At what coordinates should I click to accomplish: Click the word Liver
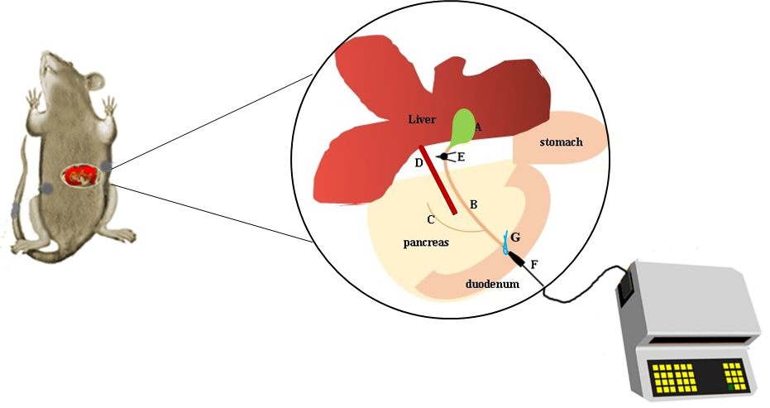pos(422,119)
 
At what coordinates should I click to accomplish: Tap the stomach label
pos(561,142)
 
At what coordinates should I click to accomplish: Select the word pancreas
pos(427,243)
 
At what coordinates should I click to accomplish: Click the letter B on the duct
pos(473,204)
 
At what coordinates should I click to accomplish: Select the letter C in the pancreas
pos(430,219)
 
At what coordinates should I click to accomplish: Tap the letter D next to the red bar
pos(418,163)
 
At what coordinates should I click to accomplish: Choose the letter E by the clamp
pos(462,156)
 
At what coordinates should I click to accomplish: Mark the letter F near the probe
pos(533,265)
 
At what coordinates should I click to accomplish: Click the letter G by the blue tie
pos(515,238)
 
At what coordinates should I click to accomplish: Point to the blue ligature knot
pos(506,243)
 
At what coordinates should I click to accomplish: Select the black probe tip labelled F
pos(519,261)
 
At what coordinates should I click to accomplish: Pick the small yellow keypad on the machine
pos(733,374)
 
